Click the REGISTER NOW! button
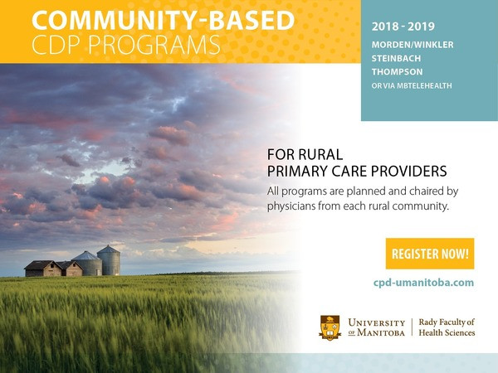[x=430, y=254]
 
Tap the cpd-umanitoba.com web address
[x=423, y=283]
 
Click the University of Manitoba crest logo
[x=330, y=327]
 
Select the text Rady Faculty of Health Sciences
[x=447, y=327]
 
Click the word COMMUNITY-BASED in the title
[x=164, y=20]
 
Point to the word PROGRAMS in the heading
[x=154, y=45]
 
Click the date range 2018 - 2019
[x=403, y=27]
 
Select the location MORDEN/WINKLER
[x=413, y=45]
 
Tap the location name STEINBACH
[x=397, y=58]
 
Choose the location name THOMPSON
[x=397, y=71]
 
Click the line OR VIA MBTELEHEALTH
[x=412, y=85]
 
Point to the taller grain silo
[x=109, y=260]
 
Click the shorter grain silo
[x=87, y=264]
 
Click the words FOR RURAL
[x=305, y=155]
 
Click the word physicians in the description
[x=291, y=206]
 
